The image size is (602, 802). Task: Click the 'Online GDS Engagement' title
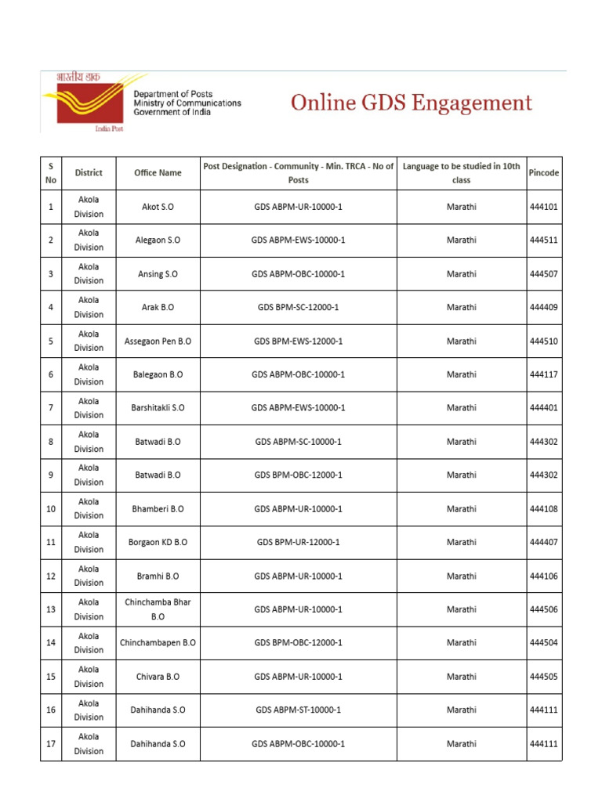tap(412, 103)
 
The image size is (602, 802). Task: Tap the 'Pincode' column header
tap(544, 172)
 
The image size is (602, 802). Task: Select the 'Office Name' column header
tap(158, 172)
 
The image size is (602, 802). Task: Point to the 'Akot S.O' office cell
tap(158, 207)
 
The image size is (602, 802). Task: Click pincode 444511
tap(544, 240)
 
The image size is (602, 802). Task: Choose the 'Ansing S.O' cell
tap(158, 274)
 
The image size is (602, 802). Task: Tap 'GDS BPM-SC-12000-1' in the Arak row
tap(298, 308)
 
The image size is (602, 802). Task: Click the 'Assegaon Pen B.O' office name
tap(158, 341)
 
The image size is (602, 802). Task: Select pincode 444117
tap(544, 374)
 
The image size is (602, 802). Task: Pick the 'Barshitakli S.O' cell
tap(158, 408)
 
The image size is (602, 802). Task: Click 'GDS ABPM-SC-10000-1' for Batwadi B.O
tap(298, 442)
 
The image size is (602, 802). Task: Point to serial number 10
tap(51, 509)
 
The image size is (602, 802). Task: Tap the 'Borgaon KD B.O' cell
tap(158, 542)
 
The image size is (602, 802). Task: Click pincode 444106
tap(544, 576)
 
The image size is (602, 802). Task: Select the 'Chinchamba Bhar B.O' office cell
tap(158, 609)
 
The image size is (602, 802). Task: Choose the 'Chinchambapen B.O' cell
tap(158, 643)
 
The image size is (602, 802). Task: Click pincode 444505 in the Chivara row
tap(544, 677)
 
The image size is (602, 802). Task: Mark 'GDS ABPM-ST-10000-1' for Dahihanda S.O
tap(298, 710)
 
